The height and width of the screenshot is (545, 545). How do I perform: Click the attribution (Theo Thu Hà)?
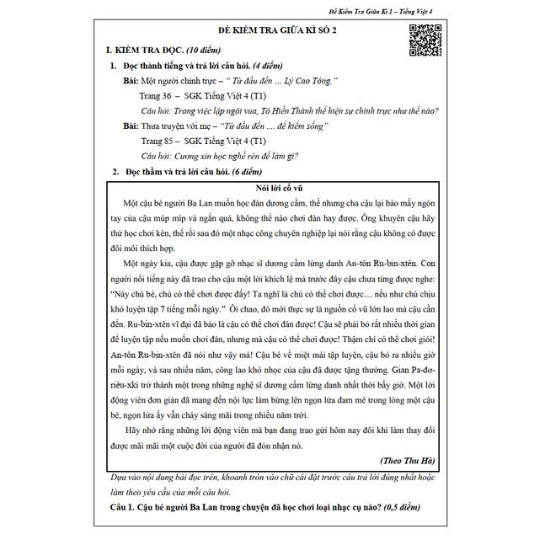tap(408, 461)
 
